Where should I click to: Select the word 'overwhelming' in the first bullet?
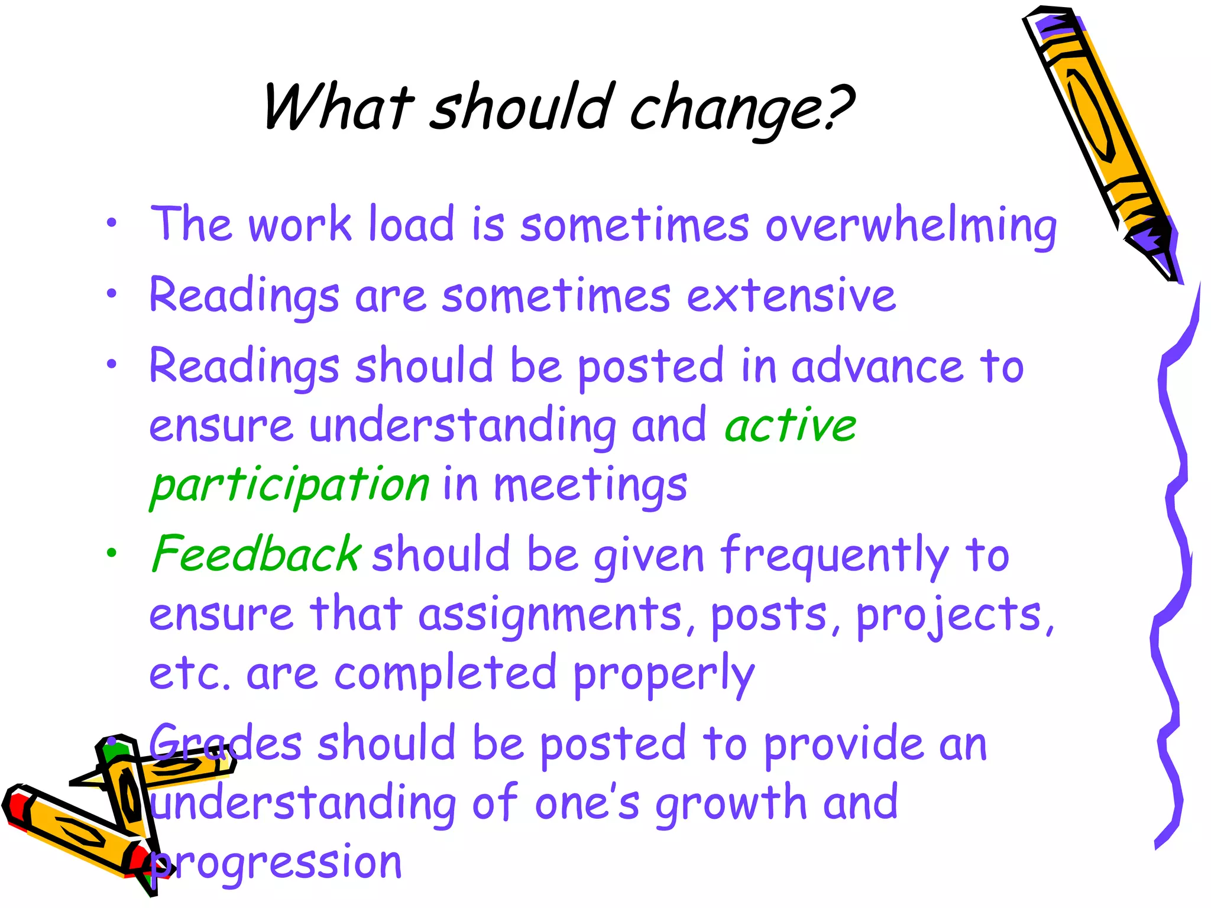(x=911, y=226)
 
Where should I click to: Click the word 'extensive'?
(x=791, y=296)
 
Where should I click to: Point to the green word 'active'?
(x=790, y=426)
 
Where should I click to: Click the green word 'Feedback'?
(x=255, y=554)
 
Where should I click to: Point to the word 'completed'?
(x=445, y=674)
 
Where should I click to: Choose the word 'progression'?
(x=276, y=863)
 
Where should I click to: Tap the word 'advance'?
(x=878, y=367)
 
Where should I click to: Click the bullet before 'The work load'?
(x=112, y=224)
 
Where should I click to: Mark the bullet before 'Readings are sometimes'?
(x=112, y=294)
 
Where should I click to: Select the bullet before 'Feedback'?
(x=112, y=553)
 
